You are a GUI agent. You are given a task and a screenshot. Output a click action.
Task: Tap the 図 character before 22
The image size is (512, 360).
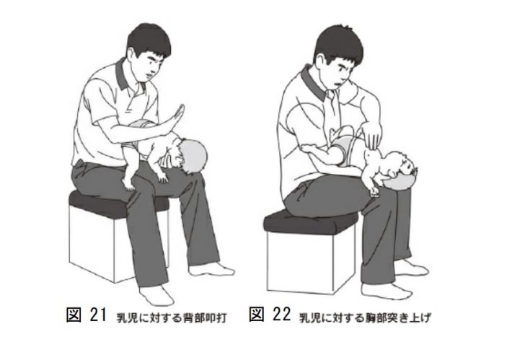tap(261, 316)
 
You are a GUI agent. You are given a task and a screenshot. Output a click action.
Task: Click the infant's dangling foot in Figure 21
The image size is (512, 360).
tap(131, 182)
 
